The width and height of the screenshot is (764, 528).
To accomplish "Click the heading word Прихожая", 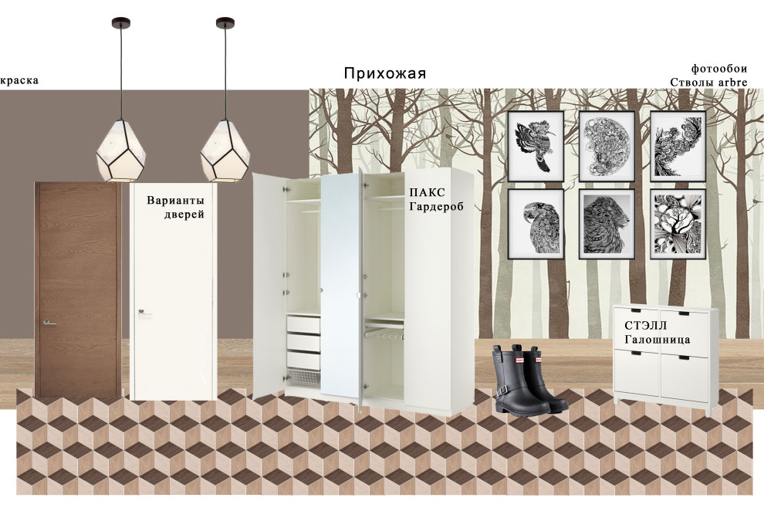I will [x=384, y=74].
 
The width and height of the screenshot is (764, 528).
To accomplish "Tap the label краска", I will [x=19, y=80].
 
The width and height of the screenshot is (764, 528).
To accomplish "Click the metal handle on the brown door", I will [x=49, y=323].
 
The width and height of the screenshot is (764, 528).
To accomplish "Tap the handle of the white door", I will [x=144, y=312].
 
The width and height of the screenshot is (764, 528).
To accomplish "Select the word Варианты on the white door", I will [x=175, y=201].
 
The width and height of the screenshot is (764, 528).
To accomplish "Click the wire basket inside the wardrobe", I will [x=303, y=378].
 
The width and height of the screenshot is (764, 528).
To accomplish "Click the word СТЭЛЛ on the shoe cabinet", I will [x=644, y=326].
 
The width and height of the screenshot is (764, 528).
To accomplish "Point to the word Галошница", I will [x=657, y=340].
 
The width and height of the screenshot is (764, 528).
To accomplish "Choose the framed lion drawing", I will [x=607, y=223].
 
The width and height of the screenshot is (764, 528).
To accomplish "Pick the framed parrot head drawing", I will [x=536, y=223].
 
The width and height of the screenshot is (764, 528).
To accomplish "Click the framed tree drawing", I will [x=678, y=223].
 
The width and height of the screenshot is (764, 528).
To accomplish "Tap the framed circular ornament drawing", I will [x=607, y=146].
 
